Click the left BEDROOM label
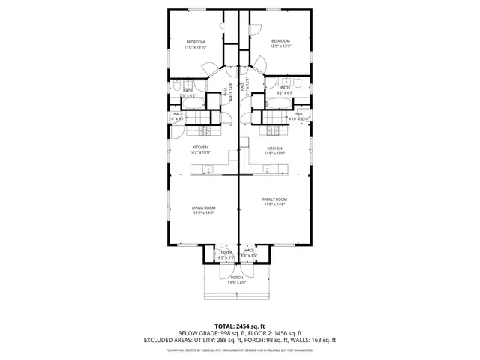(195, 41)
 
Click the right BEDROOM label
(280, 40)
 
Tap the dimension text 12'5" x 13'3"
(280, 46)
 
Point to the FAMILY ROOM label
(274, 199)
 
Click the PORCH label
(237, 277)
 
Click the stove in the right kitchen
(272, 130)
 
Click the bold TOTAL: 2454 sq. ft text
(239, 326)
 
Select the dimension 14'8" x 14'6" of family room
(274, 205)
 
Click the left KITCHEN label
(200, 147)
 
